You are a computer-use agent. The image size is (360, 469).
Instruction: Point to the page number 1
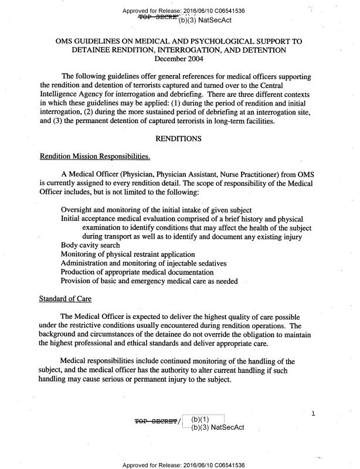(314, 414)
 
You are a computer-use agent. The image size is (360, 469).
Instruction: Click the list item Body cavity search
(90, 245)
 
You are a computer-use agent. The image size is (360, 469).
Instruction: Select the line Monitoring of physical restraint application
(128, 254)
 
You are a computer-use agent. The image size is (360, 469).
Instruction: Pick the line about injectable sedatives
(144, 263)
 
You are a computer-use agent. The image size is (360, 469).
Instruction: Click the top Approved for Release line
(184, 11)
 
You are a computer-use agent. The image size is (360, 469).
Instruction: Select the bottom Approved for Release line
(184, 465)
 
